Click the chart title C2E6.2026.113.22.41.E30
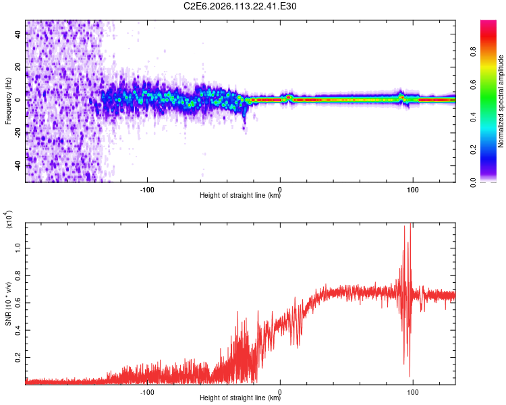click(241, 7)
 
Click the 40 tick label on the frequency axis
click(18, 34)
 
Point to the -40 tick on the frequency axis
click(18, 165)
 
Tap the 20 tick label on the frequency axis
click(18, 67)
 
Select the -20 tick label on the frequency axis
click(18, 132)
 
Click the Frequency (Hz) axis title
click(8, 101)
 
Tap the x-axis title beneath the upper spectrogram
click(240, 196)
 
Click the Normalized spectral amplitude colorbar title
click(501, 101)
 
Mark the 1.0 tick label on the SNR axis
click(18, 248)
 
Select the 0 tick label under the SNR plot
click(280, 391)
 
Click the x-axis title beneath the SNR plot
click(240, 399)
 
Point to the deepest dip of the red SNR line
click(410, 376)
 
